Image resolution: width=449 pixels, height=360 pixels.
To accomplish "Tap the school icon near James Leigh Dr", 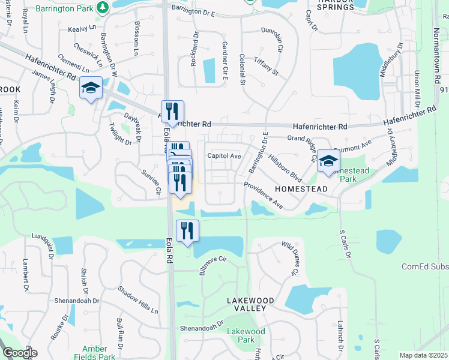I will pyautogui.click(x=91, y=88).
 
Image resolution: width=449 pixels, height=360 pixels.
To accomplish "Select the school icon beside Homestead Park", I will pyautogui.click(x=328, y=160).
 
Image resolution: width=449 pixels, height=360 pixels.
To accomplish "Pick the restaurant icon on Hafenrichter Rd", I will pyautogui.click(x=172, y=110).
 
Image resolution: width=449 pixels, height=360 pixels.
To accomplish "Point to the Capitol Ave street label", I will pyautogui.click(x=224, y=156).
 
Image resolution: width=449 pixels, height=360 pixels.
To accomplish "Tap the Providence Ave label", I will pyautogui.click(x=263, y=196).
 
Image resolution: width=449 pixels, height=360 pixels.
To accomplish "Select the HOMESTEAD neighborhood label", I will pyautogui.click(x=301, y=189).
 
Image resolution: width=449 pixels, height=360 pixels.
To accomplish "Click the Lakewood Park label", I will pyautogui.click(x=246, y=335).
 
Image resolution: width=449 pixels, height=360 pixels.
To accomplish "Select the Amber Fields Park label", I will pyautogui.click(x=94, y=353).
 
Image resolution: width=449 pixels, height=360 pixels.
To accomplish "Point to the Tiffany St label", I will pyautogui.click(x=267, y=64).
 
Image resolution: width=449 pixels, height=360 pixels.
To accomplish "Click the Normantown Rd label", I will pyautogui.click(x=436, y=30).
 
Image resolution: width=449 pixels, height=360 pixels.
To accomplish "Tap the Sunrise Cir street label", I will pyautogui.click(x=151, y=183).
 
